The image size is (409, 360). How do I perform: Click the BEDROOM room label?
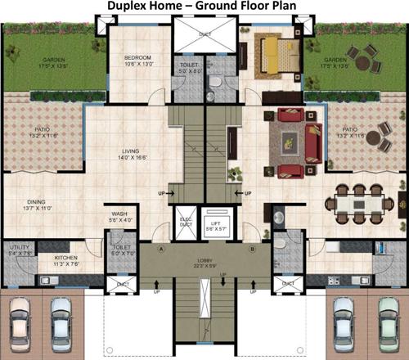pos(137,58)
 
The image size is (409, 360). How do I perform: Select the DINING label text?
pos(36,202)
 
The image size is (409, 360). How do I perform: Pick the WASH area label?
pos(119,214)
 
